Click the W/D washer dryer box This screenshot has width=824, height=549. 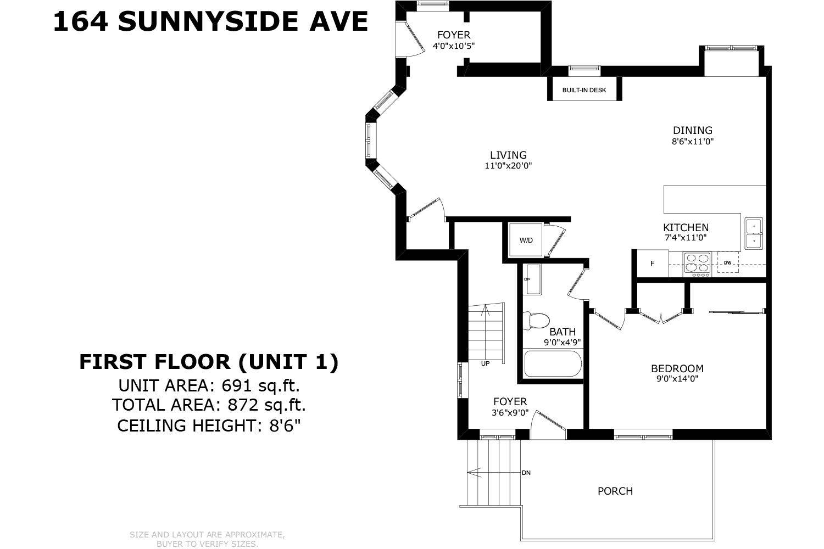526,240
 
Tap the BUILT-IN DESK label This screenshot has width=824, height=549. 584,89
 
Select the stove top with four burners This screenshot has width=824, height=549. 697,264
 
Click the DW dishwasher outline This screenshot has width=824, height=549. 727,262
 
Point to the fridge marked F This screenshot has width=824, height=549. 653,264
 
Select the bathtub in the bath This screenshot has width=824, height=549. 552,364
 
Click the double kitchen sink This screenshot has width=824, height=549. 753,233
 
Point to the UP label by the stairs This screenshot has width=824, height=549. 485,363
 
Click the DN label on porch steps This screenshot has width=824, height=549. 526,473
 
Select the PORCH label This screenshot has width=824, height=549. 615,491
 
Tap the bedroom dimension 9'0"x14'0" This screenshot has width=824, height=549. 677,379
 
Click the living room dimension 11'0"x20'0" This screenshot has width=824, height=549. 508,165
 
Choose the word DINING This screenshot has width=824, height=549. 693,130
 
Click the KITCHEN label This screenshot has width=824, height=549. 686,227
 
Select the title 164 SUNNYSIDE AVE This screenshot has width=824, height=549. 210,22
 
